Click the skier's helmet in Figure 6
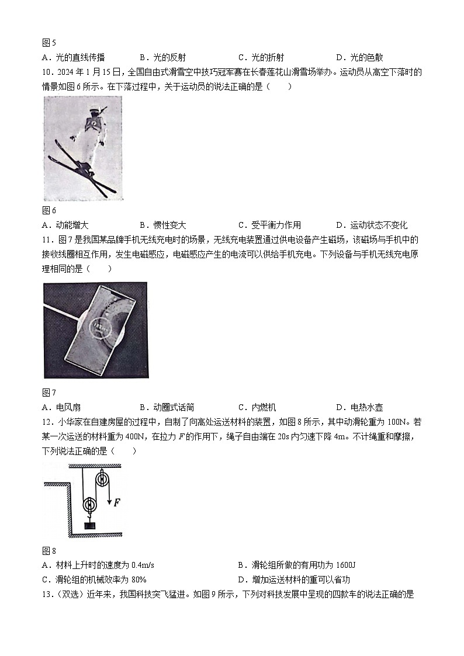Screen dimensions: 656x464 (x=94, y=111)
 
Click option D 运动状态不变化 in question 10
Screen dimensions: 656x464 (x=372, y=225)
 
